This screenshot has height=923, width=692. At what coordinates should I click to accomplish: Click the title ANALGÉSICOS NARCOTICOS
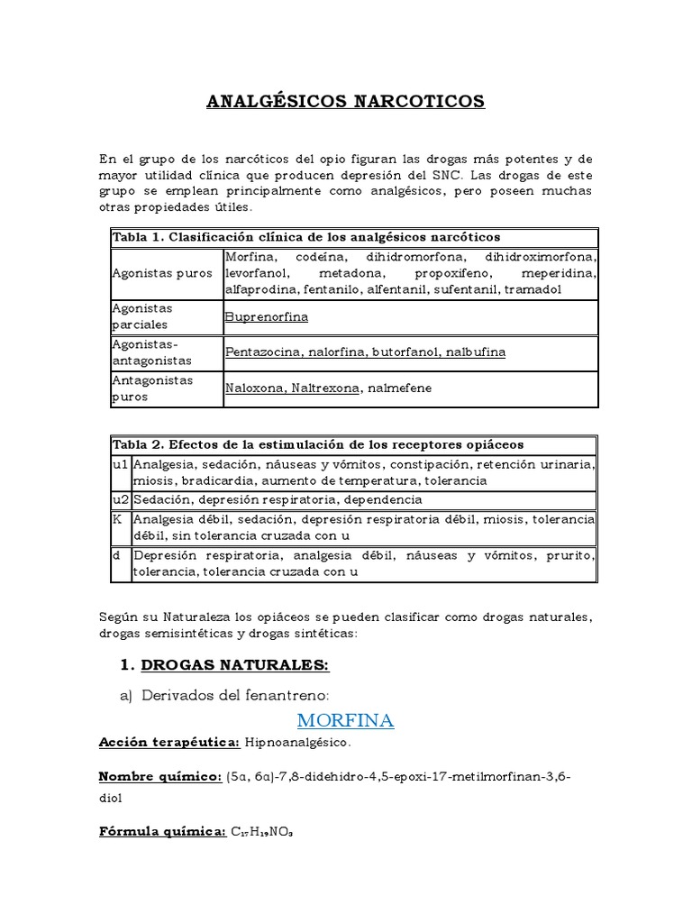[x=346, y=100]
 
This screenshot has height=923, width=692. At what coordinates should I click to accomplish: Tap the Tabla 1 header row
[x=305, y=237]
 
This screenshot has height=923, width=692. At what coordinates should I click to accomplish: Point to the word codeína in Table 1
[x=319, y=257]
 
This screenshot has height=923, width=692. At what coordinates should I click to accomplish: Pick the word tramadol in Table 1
[x=533, y=289]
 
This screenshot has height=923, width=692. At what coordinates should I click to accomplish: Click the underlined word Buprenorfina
[x=267, y=317]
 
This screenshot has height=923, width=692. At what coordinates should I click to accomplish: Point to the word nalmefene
[x=397, y=388]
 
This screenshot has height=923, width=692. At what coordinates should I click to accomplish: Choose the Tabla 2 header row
[x=318, y=445]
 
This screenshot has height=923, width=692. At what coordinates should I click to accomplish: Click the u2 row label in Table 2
[x=121, y=499]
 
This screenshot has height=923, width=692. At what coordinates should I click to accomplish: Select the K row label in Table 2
[x=117, y=520]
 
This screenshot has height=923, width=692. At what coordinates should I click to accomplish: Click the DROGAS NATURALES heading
[x=235, y=665]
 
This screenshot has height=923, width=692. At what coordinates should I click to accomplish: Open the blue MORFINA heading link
[x=346, y=721]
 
